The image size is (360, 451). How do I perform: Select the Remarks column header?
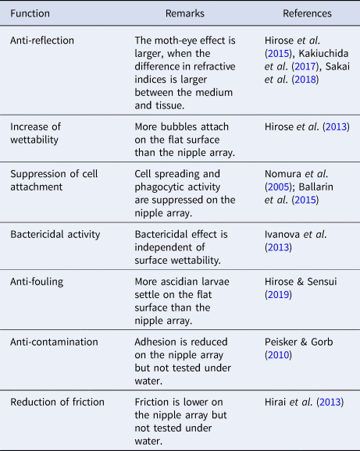pyautogui.click(x=184, y=14)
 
